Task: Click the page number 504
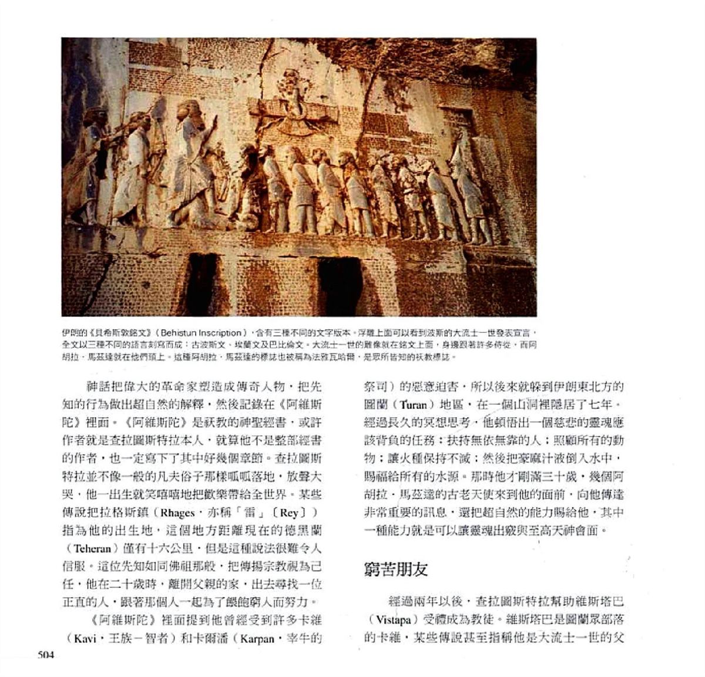46,655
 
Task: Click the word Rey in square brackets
293,512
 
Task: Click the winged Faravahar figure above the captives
291,106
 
